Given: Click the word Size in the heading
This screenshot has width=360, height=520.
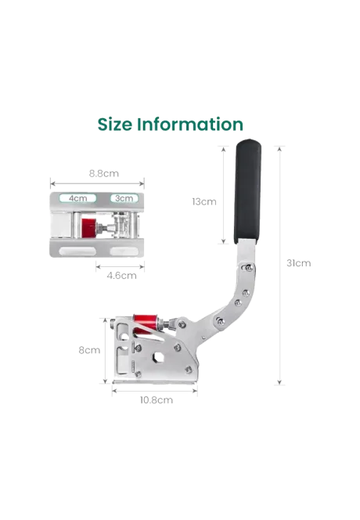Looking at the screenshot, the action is [115, 125].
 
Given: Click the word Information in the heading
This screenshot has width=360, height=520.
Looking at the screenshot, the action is [190, 125].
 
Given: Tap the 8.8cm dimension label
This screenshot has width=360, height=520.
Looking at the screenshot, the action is [104, 173].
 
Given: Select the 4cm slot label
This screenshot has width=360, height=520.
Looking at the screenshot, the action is [78, 198].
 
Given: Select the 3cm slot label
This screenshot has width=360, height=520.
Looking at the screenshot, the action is [124, 198].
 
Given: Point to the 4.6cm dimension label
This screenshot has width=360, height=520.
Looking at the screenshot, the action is [121, 276].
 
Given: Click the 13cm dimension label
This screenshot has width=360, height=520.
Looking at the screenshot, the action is [204, 201].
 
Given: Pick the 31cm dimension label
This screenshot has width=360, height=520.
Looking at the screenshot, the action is [299, 263].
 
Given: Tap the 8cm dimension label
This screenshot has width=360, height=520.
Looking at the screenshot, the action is [89, 350].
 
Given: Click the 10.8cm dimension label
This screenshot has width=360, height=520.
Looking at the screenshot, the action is [157, 400].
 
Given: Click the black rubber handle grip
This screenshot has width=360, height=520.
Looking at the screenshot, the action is [247, 191].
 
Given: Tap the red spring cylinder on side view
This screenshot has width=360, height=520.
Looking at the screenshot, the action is [145, 322].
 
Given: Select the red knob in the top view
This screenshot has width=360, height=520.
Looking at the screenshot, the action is [88, 228].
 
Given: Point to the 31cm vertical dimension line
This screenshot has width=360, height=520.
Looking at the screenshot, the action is [279, 265].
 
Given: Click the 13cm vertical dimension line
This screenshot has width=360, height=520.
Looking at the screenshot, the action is [223, 195].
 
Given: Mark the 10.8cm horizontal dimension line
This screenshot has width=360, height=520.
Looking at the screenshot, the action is [155, 391].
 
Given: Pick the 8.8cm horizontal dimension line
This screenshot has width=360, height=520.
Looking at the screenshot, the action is [98, 183].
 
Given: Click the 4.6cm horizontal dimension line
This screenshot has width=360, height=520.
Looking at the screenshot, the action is [120, 266].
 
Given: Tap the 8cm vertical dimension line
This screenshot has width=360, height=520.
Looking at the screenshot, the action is [106, 351].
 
